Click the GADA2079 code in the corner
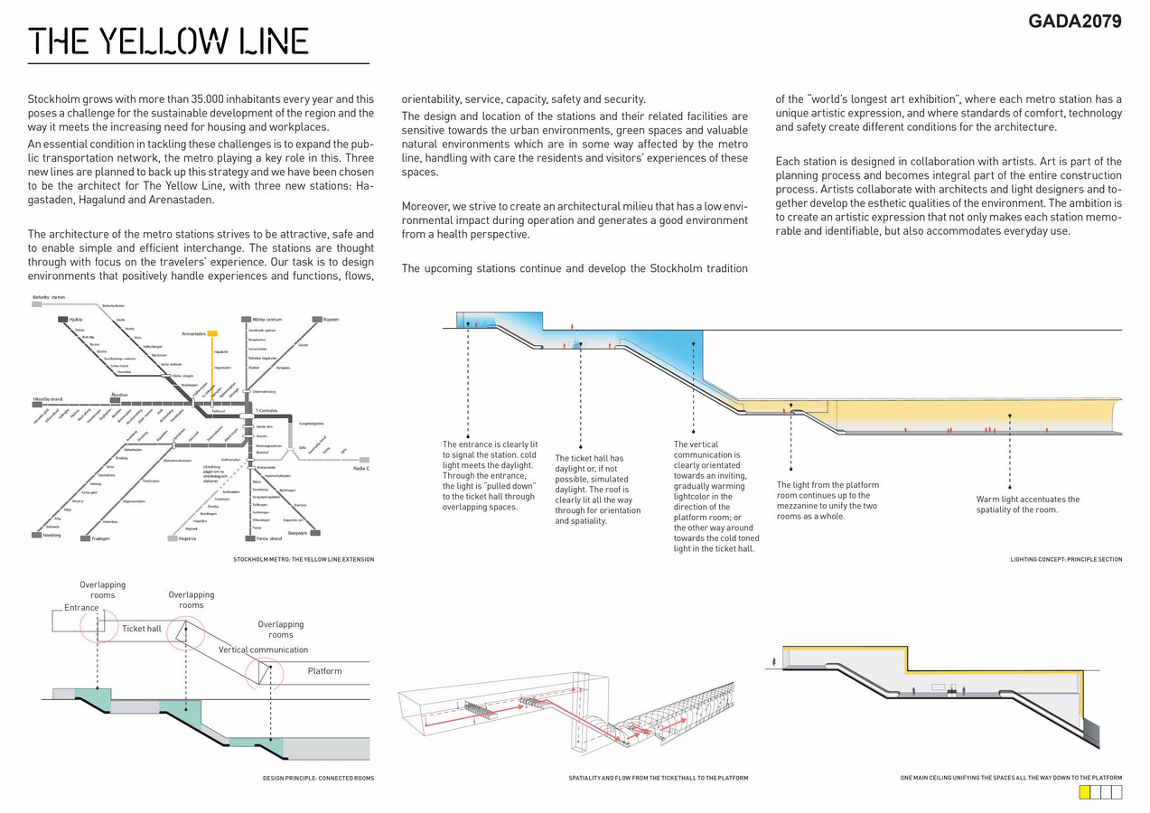[1074, 22]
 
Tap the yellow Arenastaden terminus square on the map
[212, 333]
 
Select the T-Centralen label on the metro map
[266, 410]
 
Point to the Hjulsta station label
[76, 320]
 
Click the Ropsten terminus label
[330, 319]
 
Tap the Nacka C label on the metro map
[361, 468]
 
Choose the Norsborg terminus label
[51, 536]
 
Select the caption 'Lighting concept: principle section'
[1066, 560]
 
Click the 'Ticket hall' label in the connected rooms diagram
[142, 629]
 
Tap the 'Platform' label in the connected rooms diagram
[324, 671]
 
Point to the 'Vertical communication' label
[263, 649]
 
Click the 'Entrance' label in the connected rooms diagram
[81, 608]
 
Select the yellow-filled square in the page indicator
[1085, 792]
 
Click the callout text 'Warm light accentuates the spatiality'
[1027, 504]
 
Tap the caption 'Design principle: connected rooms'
[318, 778]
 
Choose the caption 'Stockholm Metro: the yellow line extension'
[304, 560]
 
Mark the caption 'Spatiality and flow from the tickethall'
[658, 778]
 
